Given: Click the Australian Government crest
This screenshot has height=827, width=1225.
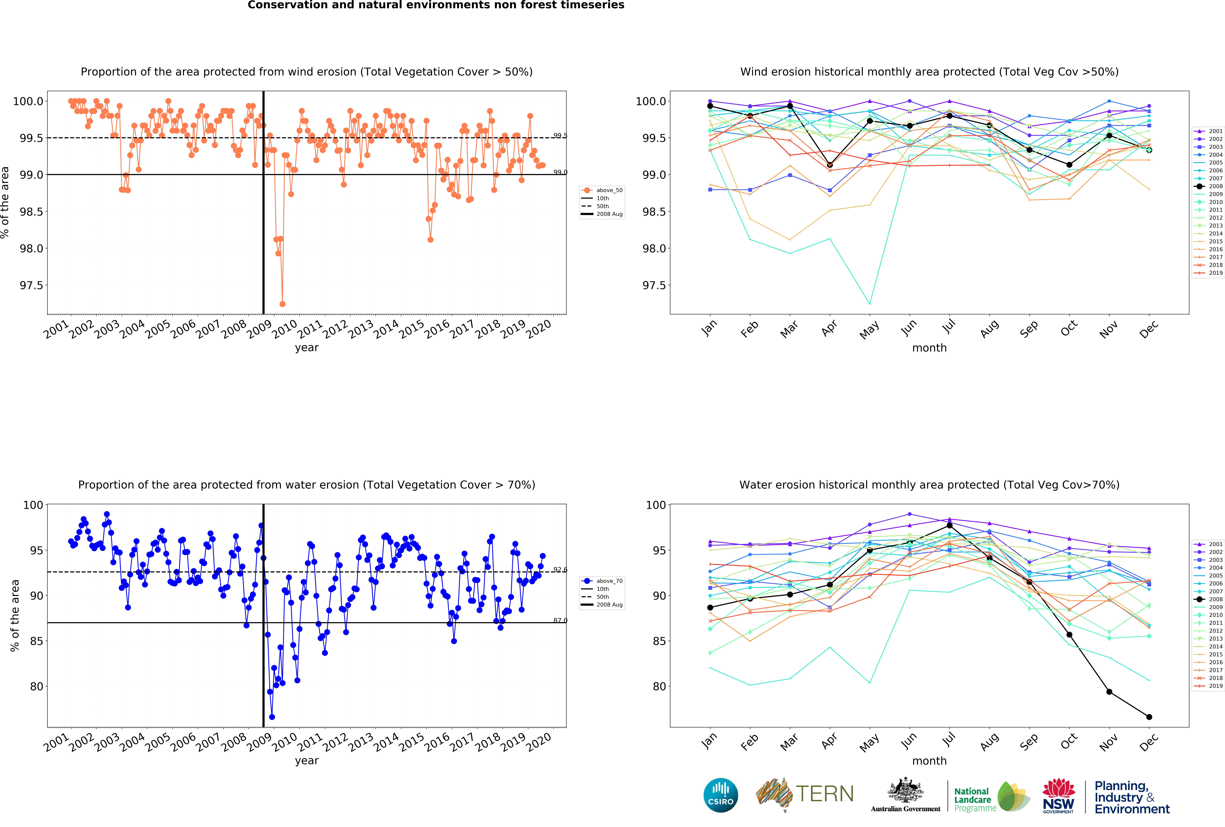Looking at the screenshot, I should tap(905, 791).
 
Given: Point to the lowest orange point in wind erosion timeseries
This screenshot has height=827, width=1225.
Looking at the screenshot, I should tap(283, 304).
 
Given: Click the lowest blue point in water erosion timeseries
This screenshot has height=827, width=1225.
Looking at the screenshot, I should tap(272, 717).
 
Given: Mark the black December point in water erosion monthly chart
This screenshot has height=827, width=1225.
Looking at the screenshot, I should tap(1149, 717).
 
